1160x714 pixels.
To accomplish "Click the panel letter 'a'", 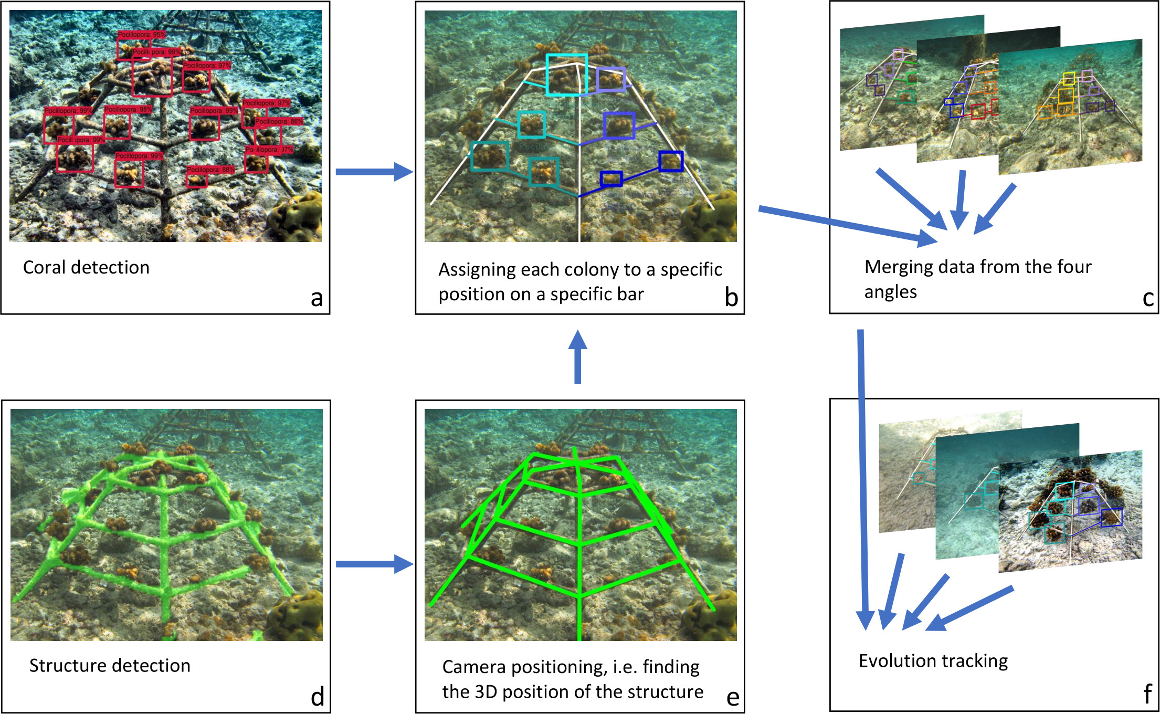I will pyautogui.click(x=317, y=299).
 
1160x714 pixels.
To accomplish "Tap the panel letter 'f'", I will pyautogui.click(x=1147, y=694).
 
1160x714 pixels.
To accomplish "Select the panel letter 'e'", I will pyautogui.click(x=733, y=698).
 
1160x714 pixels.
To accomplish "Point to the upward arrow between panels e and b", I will pyautogui.click(x=577, y=357).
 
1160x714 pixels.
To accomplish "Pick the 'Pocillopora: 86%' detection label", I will pyautogui.click(x=279, y=121).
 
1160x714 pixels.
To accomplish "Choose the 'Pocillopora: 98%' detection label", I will pyautogui.click(x=128, y=109).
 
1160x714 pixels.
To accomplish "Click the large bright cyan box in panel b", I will pyautogui.click(x=566, y=74).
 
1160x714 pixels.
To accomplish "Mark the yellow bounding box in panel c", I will pyautogui.click(x=1069, y=79).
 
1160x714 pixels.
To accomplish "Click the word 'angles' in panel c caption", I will pyautogui.click(x=890, y=292).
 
